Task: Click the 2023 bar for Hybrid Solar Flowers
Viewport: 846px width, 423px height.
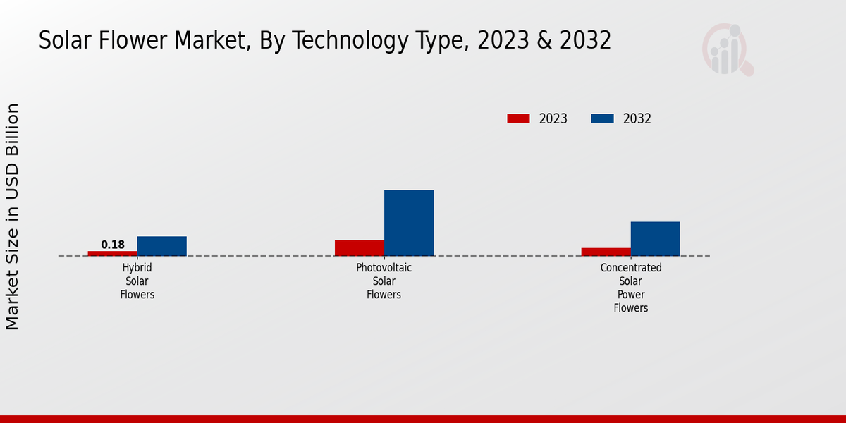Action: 113,253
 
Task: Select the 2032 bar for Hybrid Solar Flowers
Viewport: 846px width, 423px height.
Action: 162,246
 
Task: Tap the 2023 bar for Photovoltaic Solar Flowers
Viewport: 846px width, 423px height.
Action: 360,248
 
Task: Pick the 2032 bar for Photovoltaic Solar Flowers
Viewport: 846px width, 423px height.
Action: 409,223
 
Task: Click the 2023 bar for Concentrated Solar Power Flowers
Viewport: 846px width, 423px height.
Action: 606,252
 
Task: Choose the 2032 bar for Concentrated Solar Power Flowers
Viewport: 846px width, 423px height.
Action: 656,239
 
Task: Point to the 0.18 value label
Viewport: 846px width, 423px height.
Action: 113,245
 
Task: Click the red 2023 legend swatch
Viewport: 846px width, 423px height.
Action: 518,118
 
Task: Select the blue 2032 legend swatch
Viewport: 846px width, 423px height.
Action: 602,118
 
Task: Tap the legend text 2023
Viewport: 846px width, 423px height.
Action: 553,118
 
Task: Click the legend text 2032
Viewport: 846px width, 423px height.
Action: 637,118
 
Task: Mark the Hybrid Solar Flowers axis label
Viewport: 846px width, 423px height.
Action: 137,281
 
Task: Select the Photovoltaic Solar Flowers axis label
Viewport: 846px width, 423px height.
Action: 384,281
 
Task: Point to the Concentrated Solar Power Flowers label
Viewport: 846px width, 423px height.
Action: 631,288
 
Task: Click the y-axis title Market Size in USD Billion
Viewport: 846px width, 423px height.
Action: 13,216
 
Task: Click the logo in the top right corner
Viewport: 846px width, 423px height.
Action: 728,49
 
